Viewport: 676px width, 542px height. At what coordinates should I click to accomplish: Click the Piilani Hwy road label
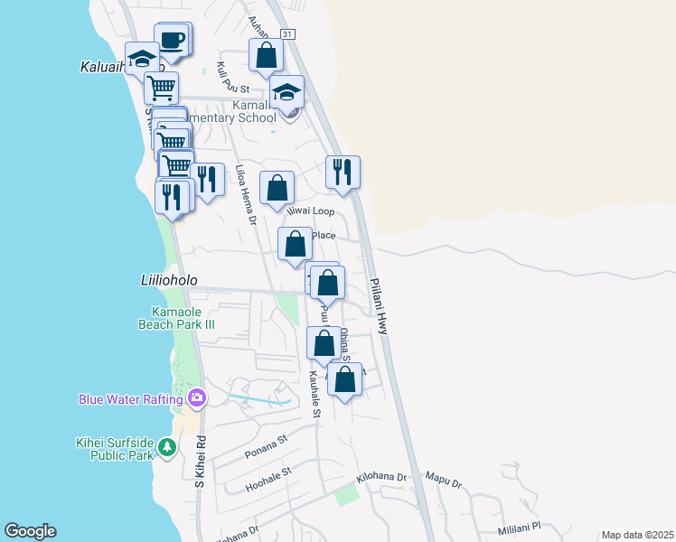379,306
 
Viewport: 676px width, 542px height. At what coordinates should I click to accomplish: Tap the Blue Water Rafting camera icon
197,397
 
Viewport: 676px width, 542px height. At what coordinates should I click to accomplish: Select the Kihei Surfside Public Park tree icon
166,447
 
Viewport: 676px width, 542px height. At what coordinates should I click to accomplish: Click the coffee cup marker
172,41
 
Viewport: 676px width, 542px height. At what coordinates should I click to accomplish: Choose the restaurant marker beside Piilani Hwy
343,172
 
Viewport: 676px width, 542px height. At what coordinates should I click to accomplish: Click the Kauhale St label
315,394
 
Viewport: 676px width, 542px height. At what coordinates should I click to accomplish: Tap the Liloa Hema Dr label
246,194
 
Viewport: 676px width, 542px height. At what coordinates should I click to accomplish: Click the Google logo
30,531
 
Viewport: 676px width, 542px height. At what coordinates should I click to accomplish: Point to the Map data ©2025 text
636,535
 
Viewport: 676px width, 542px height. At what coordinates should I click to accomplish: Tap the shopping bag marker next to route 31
266,55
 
